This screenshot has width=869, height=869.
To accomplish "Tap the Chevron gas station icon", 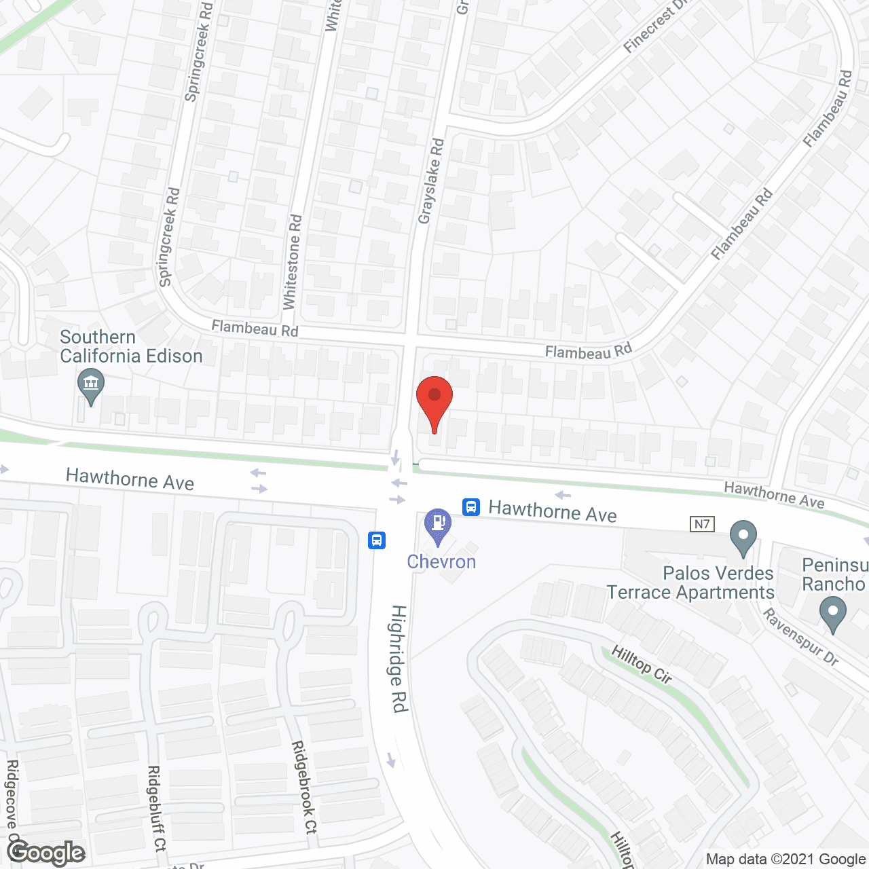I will [438, 524].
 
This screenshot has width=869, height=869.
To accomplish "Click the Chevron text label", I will [441, 562].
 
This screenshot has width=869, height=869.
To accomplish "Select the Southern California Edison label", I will [131, 347].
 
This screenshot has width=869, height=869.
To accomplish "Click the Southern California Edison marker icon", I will [90, 384].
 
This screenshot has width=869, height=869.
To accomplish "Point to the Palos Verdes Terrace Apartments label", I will [690, 583].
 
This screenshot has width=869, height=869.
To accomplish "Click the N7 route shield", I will [702, 524].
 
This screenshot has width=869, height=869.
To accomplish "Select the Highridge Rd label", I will [399, 658].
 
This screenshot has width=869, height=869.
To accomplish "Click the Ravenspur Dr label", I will [800, 637].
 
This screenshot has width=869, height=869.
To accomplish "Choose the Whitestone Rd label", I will [292, 262].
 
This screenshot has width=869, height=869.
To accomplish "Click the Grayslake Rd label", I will [430, 181].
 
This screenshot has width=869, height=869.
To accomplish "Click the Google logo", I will [46, 853].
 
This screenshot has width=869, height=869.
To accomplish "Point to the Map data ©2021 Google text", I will [786, 859].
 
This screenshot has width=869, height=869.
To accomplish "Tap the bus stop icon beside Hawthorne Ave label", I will [471, 506].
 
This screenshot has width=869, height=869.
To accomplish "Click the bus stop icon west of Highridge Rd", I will [377, 540].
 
